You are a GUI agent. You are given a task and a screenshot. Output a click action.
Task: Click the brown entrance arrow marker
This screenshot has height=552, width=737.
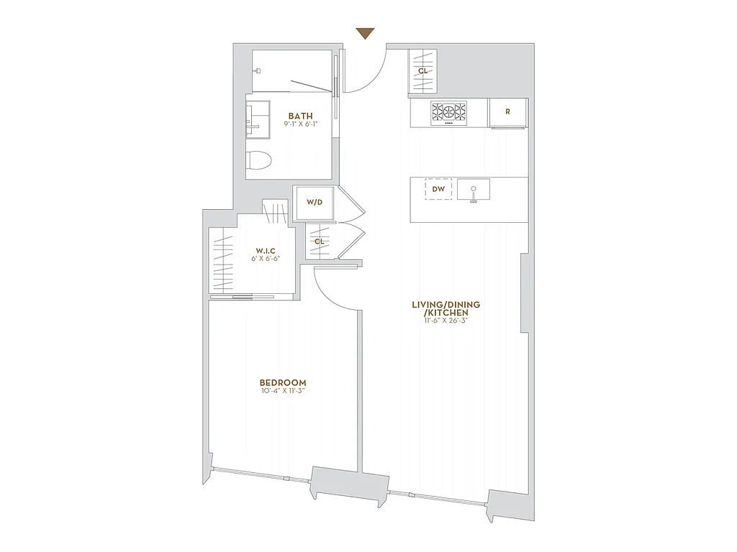[366, 34]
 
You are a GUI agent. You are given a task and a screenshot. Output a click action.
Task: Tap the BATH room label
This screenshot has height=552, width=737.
[300, 116]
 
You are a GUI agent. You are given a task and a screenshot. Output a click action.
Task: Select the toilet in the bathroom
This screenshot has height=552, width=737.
[258, 160]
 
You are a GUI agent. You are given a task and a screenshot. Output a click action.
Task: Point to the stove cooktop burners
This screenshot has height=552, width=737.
[448, 111]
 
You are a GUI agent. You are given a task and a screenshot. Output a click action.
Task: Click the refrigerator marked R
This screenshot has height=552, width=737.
[508, 111]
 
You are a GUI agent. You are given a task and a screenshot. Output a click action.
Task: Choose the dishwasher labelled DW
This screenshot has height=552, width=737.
[438, 189]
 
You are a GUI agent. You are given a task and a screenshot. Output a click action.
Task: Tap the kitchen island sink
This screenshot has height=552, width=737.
[473, 190]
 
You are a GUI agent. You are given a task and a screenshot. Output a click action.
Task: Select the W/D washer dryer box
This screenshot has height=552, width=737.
[315, 202]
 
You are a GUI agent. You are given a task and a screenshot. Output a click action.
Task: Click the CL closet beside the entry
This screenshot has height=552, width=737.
[423, 70]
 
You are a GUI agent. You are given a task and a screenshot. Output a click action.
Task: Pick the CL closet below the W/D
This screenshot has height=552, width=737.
[319, 241]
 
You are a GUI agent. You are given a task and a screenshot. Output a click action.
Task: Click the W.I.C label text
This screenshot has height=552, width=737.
[266, 249]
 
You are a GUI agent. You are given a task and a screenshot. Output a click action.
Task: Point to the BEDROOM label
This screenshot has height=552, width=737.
[284, 382]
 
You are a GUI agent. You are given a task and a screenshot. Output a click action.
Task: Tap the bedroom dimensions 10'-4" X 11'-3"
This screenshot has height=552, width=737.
[284, 391]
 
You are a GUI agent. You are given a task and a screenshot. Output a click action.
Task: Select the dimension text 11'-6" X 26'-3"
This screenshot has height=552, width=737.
[446, 322]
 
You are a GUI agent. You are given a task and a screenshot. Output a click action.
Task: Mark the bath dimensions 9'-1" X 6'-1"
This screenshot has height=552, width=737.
[300, 124]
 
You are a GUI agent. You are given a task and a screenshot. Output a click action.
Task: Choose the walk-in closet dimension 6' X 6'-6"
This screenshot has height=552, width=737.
[266, 258]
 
